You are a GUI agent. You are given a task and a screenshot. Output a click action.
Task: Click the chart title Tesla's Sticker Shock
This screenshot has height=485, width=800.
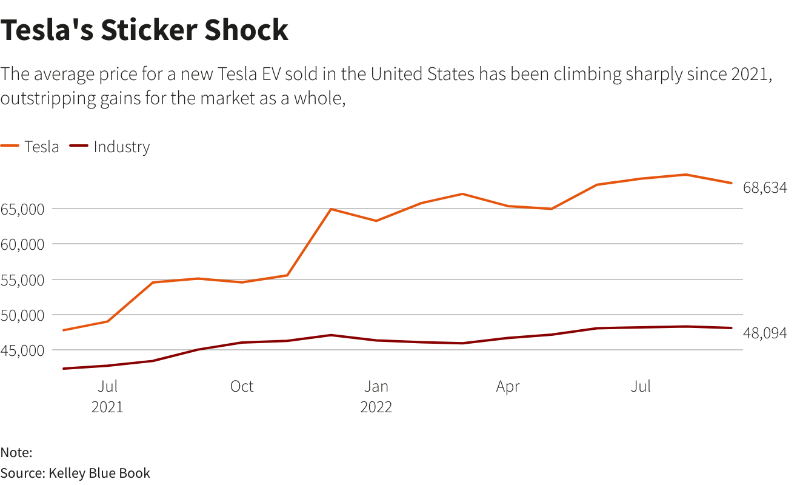pos(144,30)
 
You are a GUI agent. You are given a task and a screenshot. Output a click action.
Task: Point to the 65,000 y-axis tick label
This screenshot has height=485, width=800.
pos(23,209)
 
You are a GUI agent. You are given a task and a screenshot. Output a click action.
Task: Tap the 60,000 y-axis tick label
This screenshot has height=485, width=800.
pos(23,244)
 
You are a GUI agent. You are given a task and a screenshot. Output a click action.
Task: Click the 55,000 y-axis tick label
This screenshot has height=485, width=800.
pos(23,280)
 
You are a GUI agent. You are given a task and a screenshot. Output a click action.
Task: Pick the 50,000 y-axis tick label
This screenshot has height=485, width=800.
pos(23,315)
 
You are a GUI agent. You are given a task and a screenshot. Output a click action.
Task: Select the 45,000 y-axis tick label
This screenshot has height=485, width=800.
pos(23,350)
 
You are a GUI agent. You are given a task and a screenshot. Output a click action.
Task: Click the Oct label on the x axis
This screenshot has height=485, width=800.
pos(242,386)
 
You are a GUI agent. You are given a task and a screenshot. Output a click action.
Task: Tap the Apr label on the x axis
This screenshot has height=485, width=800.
pos(508,386)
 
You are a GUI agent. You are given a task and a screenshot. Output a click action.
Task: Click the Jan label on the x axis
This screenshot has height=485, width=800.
pos(376,386)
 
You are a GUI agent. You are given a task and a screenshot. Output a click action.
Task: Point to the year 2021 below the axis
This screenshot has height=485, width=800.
pos(107,407)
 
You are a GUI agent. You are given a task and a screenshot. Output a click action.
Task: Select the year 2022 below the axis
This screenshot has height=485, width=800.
pos(376,407)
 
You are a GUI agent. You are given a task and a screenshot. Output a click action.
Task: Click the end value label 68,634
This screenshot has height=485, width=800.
pos(765,188)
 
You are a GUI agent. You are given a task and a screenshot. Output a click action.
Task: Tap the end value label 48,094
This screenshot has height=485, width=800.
pos(765,333)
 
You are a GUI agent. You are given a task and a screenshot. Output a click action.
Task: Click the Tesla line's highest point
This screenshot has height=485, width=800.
pos(685,175)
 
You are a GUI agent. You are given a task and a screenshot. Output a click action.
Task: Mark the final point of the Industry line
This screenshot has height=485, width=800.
pos(732,328)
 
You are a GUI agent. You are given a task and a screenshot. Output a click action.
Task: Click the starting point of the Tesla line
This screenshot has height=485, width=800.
pos(64,330)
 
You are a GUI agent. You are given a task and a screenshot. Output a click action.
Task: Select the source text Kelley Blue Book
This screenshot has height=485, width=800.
pos(99,473)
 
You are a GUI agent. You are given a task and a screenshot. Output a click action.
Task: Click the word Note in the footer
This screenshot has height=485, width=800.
pos(15,452)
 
